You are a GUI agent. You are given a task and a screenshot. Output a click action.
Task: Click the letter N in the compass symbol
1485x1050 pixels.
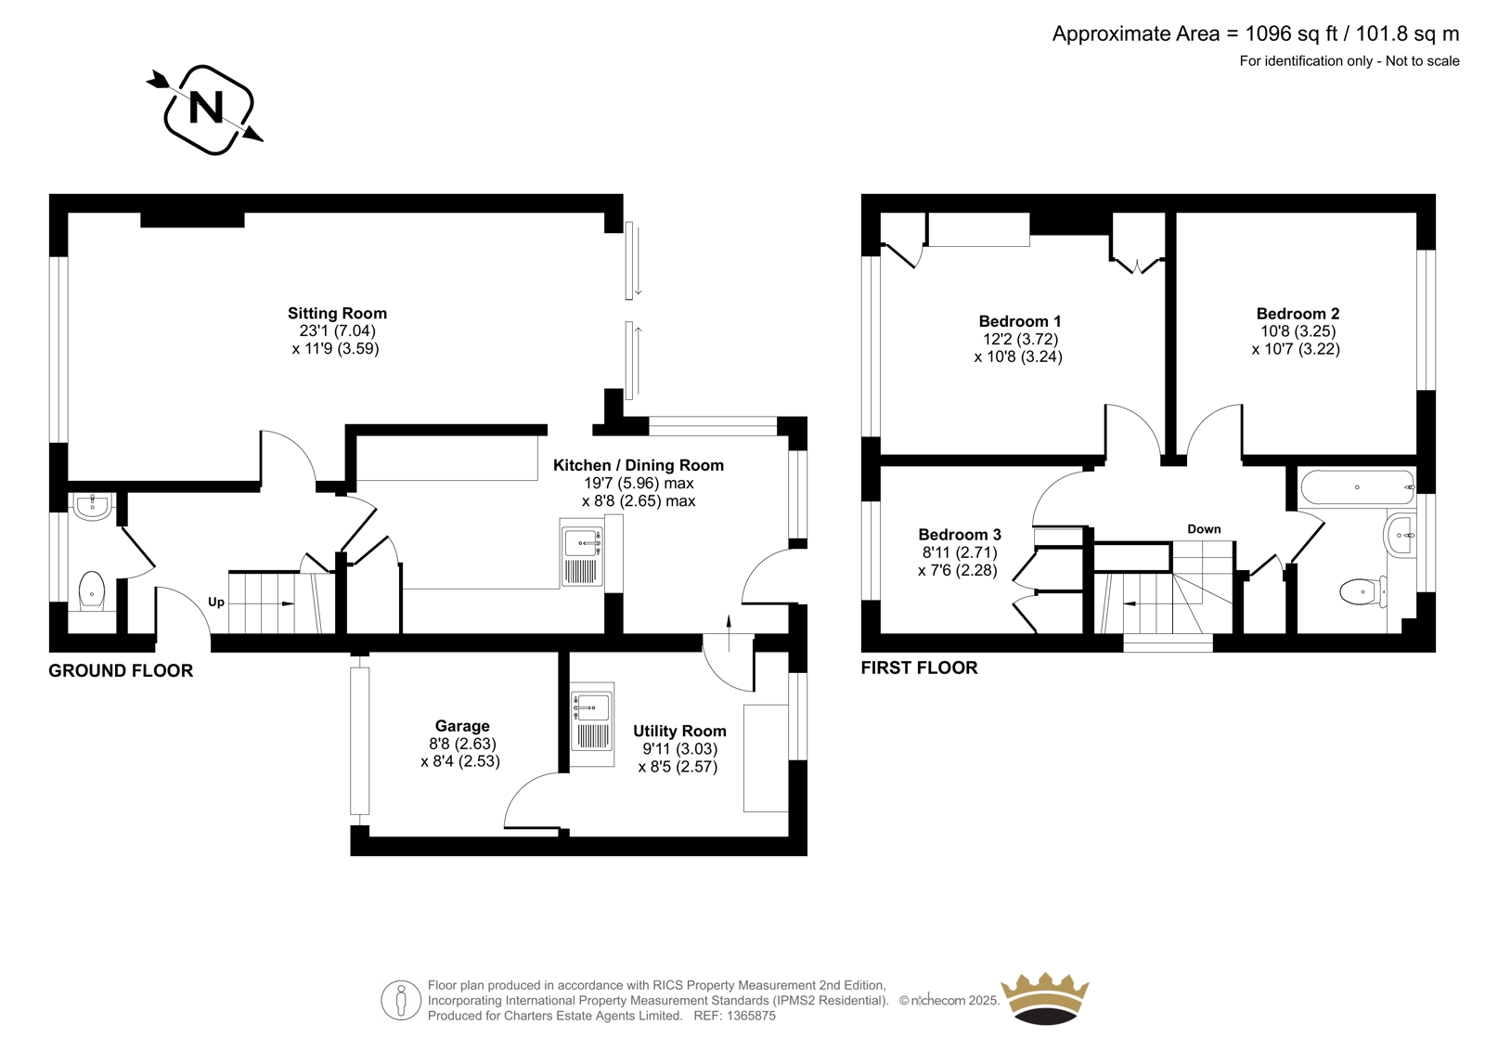(x=205, y=108)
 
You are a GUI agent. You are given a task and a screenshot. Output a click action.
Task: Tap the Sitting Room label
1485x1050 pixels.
(x=337, y=313)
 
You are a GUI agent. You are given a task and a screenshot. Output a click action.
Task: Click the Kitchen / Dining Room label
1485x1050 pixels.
(x=639, y=465)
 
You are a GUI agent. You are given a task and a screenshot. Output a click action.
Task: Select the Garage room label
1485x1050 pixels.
(x=462, y=726)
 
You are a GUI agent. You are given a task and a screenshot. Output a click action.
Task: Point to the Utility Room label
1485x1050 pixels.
(x=679, y=731)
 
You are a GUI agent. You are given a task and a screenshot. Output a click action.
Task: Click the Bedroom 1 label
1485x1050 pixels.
(x=1020, y=321)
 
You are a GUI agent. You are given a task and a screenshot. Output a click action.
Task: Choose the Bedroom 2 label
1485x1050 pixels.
(x=1298, y=313)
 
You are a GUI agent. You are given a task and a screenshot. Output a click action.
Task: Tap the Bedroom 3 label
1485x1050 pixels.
(x=960, y=535)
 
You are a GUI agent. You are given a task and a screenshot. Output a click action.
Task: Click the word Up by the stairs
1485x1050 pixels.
(x=216, y=603)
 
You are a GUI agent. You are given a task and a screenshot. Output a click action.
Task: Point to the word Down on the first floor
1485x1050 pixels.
(x=1204, y=529)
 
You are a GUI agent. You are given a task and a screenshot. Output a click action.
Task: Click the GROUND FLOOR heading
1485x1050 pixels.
(x=121, y=670)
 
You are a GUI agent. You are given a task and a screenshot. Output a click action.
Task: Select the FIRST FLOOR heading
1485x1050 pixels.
(x=919, y=668)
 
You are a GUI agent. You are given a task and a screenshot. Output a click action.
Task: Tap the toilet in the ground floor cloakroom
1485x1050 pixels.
(x=92, y=590)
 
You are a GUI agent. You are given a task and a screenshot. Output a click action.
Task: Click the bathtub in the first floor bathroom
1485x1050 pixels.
(x=1357, y=487)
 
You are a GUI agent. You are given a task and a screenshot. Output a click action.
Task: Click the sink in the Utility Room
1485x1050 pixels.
(x=592, y=724)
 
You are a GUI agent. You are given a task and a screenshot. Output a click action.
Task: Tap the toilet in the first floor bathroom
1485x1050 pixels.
(x=1363, y=591)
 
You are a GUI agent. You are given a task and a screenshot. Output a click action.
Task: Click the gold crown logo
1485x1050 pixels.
(x=1045, y=999)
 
